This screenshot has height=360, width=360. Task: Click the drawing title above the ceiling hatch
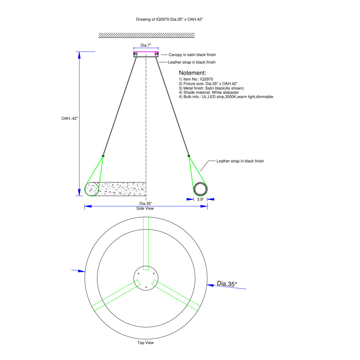click(169, 19)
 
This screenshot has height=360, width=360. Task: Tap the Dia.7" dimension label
click(146, 45)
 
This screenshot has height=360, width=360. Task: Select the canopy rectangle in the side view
click(146, 54)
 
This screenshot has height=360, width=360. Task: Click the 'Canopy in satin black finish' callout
click(192, 55)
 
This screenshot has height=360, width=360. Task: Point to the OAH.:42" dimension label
click(70, 118)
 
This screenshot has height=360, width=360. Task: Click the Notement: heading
click(192, 73)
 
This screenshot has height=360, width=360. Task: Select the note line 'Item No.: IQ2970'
click(196, 79)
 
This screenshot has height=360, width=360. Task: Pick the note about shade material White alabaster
click(209, 92)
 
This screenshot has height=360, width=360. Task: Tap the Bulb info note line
click(226, 97)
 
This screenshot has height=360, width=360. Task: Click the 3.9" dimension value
click(200, 199)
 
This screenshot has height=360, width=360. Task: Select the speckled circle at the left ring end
click(92, 189)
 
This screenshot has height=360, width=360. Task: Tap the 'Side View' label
click(145, 208)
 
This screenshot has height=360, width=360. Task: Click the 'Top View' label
click(145, 343)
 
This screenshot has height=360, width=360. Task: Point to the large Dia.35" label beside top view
click(227, 283)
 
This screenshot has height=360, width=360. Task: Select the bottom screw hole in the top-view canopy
click(146, 287)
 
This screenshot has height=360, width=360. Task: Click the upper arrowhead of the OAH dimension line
click(79, 55)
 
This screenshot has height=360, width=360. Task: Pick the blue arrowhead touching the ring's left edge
click(82, 271)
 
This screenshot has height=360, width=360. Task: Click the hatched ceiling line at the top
click(146, 35)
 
